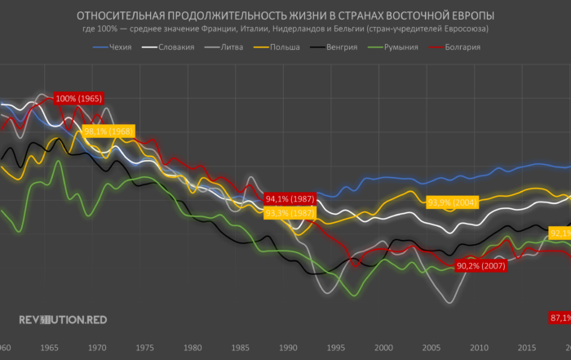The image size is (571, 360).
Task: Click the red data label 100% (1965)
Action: coord(78,99)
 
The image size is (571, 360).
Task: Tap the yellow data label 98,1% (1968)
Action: coord(108,131)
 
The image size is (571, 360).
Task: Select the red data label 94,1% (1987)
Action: coord(290,198)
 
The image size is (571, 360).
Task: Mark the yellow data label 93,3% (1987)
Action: coord(290,213)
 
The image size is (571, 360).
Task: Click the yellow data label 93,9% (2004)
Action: coord(452,202)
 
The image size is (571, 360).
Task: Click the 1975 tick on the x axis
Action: coord(146,348)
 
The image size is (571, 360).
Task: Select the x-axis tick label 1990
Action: coord(289,348)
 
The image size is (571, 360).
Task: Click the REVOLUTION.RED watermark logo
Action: coord(62,321)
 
